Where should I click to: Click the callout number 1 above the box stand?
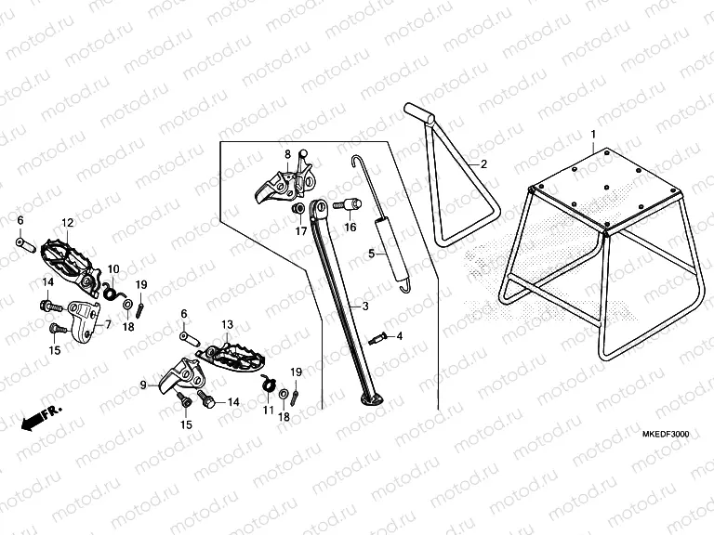pos(592,135)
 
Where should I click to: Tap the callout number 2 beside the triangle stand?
pos(483,163)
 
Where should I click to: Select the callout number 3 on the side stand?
pos(365,306)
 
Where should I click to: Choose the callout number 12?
pos(67,223)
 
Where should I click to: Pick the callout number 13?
pos(225,324)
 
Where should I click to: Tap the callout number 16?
pos(351,226)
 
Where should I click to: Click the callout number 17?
pos(301,232)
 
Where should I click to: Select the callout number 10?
pos(113,268)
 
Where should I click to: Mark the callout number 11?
pos(268,409)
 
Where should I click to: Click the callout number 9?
pos(144,384)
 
